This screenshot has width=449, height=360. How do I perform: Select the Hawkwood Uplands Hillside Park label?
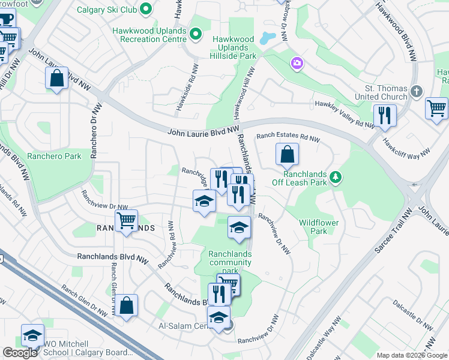234,47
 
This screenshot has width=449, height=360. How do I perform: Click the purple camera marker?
297,63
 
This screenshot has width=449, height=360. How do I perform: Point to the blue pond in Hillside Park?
268,38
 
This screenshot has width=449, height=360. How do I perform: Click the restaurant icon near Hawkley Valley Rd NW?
384,115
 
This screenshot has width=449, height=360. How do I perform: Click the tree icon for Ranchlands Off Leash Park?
337,176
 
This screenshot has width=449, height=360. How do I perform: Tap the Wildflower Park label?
319,227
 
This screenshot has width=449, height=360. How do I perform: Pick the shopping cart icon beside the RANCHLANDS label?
127,220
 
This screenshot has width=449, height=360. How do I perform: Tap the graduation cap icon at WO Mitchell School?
32,335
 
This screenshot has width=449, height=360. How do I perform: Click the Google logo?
20,353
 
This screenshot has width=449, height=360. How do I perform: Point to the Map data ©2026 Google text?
412,355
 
